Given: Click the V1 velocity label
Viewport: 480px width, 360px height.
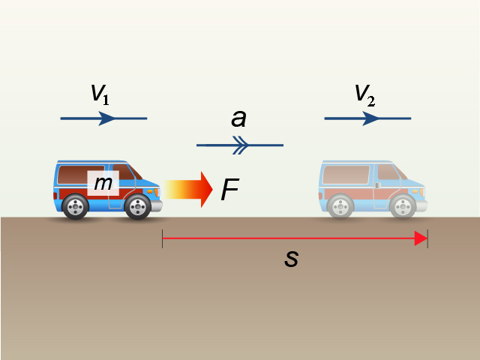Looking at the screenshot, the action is click(100, 94).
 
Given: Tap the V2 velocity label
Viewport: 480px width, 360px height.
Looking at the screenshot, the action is click(365, 95).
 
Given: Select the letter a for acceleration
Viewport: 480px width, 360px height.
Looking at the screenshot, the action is click(238, 118).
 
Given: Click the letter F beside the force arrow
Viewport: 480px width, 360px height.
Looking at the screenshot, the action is click(230, 189).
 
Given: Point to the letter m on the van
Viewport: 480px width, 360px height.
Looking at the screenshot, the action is click(103, 183).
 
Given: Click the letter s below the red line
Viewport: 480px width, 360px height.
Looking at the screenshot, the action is click(291, 258).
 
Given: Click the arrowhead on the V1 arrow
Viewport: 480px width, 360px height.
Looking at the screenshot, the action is click(106, 118).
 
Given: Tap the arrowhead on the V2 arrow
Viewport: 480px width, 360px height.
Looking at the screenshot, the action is click(370, 118).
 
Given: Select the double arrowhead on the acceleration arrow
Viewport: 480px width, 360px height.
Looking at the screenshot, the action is click(241, 145).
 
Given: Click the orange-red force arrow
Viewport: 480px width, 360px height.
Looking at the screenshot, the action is click(188, 190).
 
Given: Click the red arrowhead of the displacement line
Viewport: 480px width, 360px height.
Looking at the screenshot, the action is click(421, 238).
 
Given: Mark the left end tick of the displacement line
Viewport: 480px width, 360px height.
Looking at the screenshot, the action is click(162, 238).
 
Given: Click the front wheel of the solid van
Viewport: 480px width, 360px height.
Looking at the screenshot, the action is click(138, 207).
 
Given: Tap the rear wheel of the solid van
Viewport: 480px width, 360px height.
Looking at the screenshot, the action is click(75, 207).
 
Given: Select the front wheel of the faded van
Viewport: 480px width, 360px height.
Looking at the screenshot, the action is click(403, 207).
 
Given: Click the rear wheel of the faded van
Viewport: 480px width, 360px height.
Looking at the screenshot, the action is click(340, 207).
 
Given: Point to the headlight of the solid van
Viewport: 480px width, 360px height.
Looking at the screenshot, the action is click(157, 192).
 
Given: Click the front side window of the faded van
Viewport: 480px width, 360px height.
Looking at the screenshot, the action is click(389, 172).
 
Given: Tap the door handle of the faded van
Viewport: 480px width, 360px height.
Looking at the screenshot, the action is click(378, 185).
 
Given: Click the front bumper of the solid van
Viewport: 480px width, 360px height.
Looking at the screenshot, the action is click(157, 205).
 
